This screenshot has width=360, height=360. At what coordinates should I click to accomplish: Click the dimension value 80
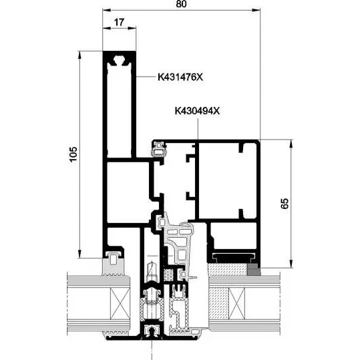[x=182, y=4]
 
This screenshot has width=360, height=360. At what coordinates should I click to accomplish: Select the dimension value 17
[x=119, y=22]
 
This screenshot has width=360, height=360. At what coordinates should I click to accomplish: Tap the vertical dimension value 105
[x=73, y=154]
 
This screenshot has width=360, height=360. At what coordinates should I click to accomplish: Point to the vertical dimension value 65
[x=285, y=203]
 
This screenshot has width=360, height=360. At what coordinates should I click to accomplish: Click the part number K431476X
[x=180, y=77]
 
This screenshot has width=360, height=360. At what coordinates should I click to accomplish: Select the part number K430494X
[x=197, y=111]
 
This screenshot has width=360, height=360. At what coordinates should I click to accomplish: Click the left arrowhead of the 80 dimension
[x=107, y=10]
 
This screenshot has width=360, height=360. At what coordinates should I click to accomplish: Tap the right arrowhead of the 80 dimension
[x=256, y=10]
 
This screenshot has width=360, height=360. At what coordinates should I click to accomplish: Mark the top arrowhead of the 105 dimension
[x=79, y=55]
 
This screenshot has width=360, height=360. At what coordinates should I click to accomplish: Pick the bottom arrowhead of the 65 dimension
[x=291, y=264]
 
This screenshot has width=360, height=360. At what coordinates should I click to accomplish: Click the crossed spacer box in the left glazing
[x=120, y=303]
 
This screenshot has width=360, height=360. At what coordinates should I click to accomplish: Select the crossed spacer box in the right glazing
[x=237, y=303]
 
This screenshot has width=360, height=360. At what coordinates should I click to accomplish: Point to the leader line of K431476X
[x=145, y=76]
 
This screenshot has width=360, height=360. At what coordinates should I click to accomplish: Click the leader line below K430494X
[x=198, y=129]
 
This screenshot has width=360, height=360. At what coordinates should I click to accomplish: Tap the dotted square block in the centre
[x=168, y=275]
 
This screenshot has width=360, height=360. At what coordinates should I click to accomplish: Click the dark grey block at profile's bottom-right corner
[x=254, y=270]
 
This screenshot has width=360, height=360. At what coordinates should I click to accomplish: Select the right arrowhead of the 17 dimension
[x=132, y=28]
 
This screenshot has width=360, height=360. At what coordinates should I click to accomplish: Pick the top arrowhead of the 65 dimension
[x=291, y=144]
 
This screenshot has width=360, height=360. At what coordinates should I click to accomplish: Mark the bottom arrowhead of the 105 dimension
[x=79, y=254]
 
